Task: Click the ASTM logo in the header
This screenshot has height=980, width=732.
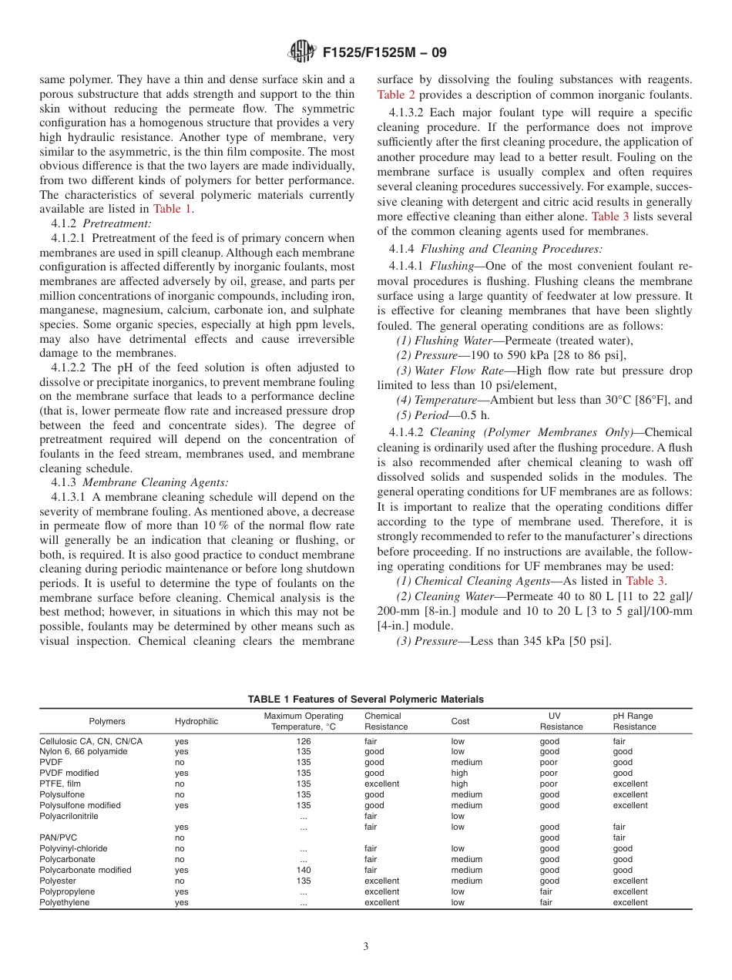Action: pyautogui.click(x=301, y=52)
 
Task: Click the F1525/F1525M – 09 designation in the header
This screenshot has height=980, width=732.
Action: pyautogui.click(x=384, y=52)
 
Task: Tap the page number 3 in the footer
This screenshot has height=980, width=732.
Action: pyautogui.click(x=366, y=946)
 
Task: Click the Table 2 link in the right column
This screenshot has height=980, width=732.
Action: pyautogui.click(x=396, y=95)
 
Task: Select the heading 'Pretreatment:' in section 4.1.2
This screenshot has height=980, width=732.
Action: pyautogui.click(x=117, y=223)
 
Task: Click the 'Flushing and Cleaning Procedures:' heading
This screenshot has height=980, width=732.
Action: pyautogui.click(x=512, y=249)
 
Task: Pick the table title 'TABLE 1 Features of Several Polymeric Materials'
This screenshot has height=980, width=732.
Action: pyautogui.click(x=365, y=699)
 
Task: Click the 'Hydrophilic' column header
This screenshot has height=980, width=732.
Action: pyautogui.click(x=196, y=721)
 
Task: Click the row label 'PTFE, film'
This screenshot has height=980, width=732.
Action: pyautogui.click(x=59, y=784)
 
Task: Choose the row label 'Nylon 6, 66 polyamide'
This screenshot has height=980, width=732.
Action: pyautogui.click(x=83, y=751)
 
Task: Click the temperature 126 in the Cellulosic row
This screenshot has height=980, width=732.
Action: pyautogui.click(x=303, y=741)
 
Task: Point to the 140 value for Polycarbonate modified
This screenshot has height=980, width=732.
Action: pyautogui.click(x=303, y=870)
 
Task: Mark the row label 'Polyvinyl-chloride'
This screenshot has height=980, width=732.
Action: pyautogui.click(x=73, y=848)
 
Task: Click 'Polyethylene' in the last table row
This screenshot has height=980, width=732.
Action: pyautogui.click(x=64, y=902)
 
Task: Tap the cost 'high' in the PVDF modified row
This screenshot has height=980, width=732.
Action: pyautogui.click(x=459, y=773)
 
